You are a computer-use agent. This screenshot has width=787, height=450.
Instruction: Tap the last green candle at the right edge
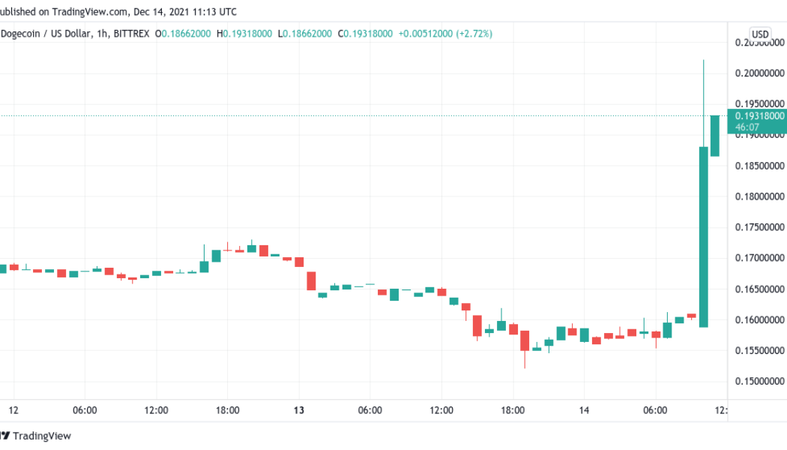point(715,136)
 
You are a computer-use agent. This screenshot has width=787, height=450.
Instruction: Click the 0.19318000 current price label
point(760,115)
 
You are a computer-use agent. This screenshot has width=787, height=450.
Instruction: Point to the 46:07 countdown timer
point(745,127)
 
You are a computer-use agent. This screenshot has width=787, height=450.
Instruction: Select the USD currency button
point(760,34)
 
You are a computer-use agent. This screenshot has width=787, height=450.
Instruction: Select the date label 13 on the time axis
point(298,410)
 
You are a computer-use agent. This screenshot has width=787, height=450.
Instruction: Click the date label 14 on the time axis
point(584,410)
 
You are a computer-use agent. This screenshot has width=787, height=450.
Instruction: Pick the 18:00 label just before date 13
point(227,410)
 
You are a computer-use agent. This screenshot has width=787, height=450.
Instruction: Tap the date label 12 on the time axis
point(13,410)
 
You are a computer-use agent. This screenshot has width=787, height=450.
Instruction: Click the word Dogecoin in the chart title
point(23,34)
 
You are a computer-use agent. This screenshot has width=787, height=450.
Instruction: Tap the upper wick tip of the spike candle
point(703,61)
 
